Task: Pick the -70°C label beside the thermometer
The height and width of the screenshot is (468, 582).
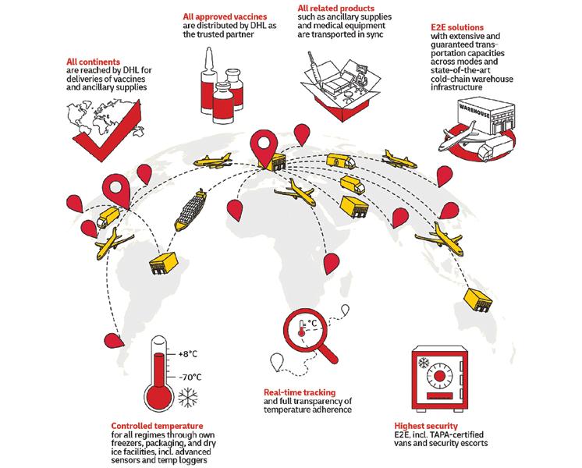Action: click(190, 377)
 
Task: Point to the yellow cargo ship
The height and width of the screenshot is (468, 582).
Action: click(190, 210)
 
